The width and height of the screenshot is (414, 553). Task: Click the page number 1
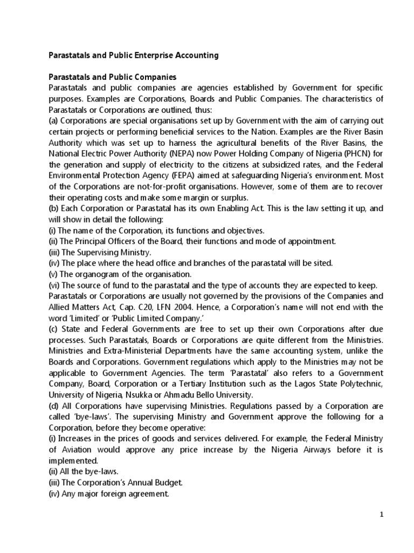[x=381, y=514]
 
